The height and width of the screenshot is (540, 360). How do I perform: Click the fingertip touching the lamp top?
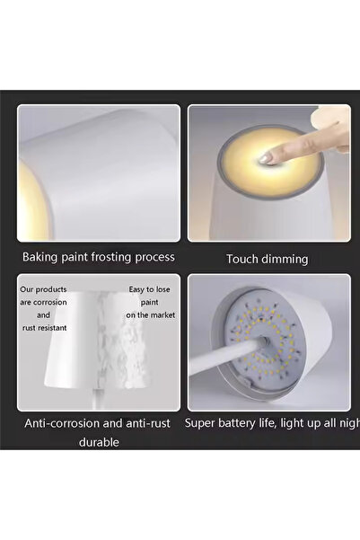(x=266, y=157)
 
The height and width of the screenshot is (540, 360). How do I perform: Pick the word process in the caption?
(x=154, y=257)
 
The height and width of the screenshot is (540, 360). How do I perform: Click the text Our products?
(x=43, y=290)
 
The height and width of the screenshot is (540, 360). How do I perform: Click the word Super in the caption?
(x=203, y=421)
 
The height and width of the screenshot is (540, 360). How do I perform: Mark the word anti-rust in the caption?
(x=150, y=421)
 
